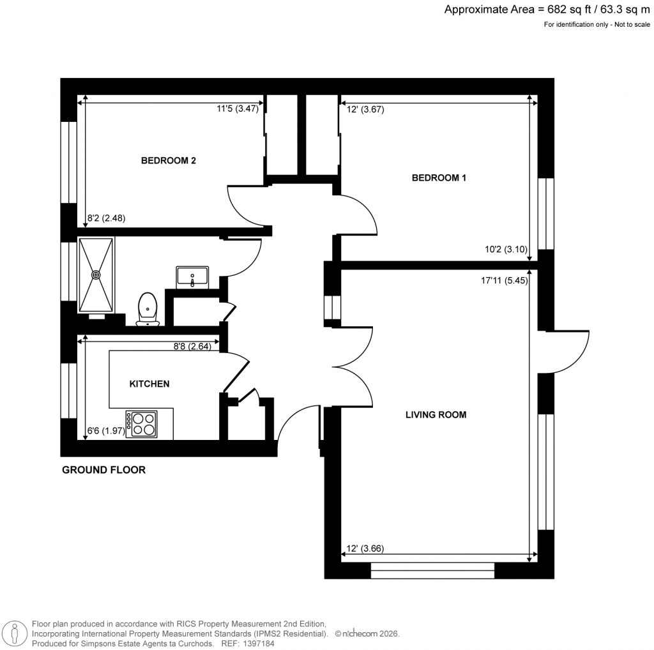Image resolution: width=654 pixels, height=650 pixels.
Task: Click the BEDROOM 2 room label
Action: point(168,161)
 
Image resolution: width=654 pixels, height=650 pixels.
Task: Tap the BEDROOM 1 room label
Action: point(439,178)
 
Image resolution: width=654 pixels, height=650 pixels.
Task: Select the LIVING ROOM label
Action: point(436,415)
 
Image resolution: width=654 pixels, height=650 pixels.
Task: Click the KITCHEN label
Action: point(149,384)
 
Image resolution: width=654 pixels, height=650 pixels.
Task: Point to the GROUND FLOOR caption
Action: point(103,471)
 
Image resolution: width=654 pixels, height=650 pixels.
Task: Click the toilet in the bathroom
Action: point(148,309)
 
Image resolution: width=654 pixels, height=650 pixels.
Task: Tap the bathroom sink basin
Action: point(192,277)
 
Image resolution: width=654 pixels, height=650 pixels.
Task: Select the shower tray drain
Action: point(96,275)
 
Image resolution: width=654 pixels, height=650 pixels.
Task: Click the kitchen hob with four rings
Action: point(142,423)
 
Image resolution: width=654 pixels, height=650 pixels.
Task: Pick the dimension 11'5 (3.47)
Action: point(238,109)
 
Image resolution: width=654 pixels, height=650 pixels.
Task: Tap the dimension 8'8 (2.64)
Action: point(192,347)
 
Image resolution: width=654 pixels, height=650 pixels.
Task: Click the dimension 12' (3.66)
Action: point(365,548)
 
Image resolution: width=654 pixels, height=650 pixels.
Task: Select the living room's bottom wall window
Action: point(432,571)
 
